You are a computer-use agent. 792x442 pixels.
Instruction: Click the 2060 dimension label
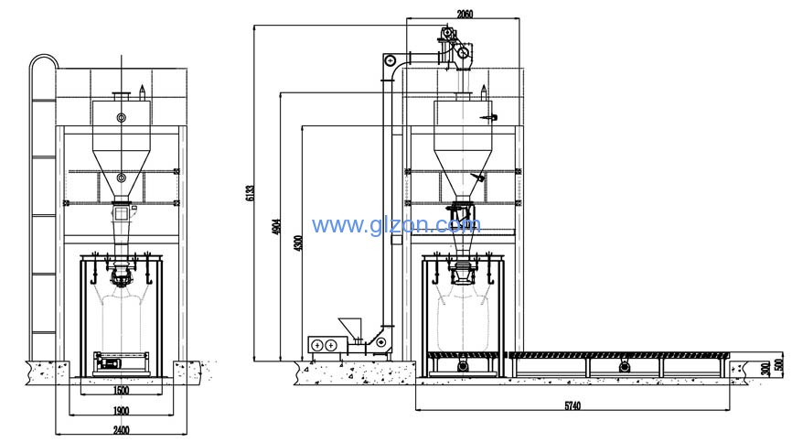(x=465, y=14)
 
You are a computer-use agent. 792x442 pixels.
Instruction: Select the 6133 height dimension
(x=250, y=193)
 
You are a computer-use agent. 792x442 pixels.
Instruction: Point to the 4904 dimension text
(x=276, y=227)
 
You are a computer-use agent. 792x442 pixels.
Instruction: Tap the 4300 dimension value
(x=298, y=244)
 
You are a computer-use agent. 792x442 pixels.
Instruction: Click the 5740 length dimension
(x=573, y=405)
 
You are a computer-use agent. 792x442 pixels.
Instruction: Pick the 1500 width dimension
(x=122, y=390)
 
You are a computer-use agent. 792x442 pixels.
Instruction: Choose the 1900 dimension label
(x=122, y=411)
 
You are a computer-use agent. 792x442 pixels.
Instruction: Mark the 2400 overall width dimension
(x=122, y=430)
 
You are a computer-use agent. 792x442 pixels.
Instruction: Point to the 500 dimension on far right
(x=781, y=365)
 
